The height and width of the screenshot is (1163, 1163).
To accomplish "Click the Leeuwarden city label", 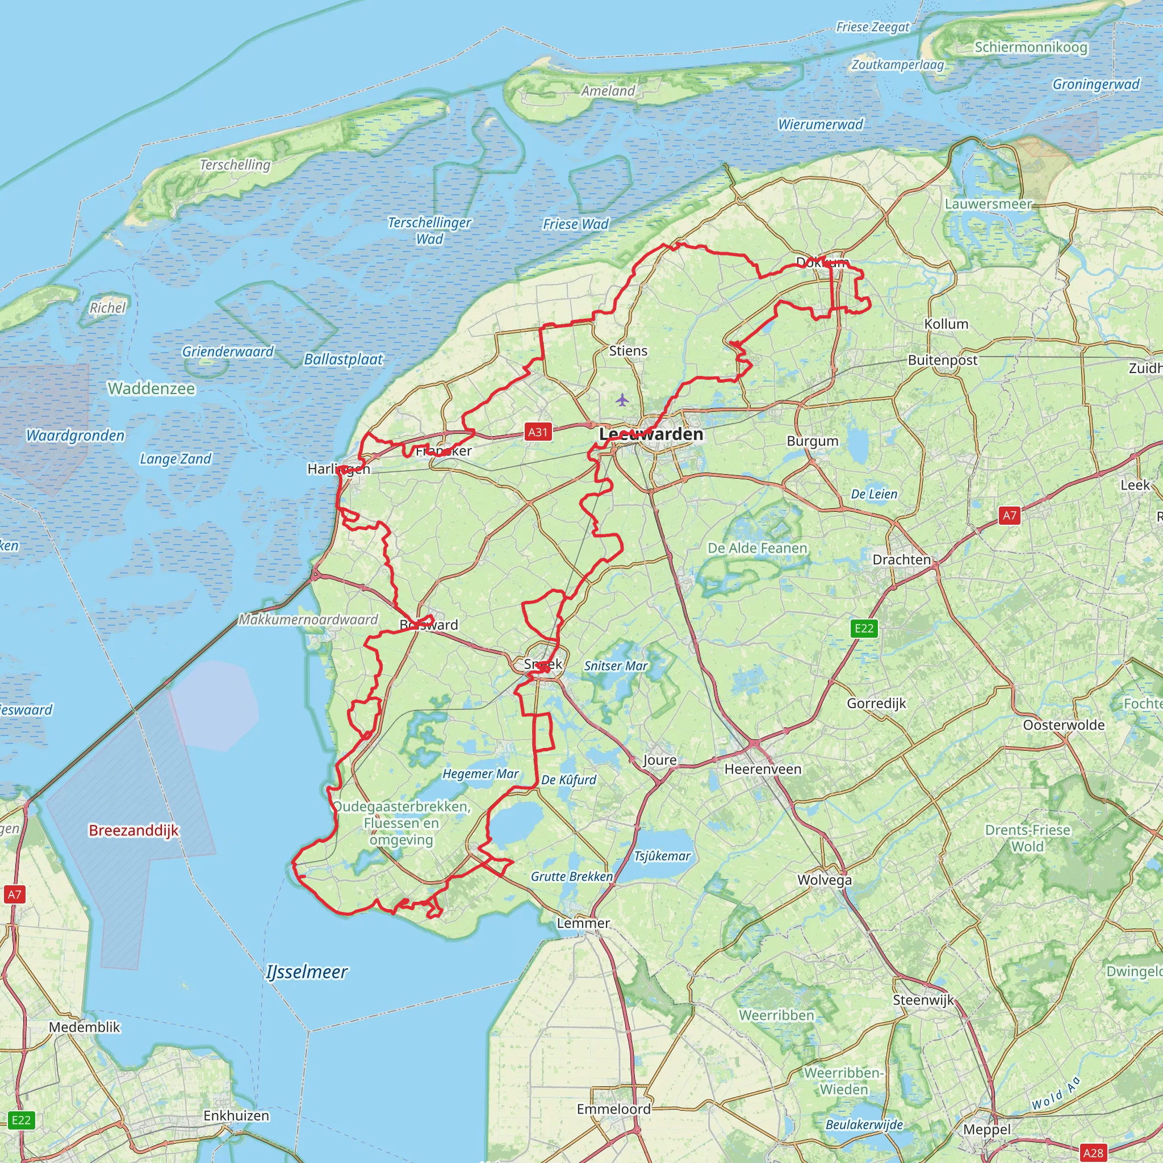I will (651, 434).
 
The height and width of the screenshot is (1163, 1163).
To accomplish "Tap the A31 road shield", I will (538, 432).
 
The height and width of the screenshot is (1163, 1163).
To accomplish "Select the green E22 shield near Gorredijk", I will (864, 629).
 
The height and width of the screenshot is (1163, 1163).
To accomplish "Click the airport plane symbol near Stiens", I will (622, 400).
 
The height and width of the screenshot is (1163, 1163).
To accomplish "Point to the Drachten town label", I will (901, 559).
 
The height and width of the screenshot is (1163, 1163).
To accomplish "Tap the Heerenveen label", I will (763, 769).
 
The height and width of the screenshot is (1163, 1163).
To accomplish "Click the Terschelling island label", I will (235, 164).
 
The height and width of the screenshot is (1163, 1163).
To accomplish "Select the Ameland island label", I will (608, 91).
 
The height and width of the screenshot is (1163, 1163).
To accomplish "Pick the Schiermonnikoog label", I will (1031, 47).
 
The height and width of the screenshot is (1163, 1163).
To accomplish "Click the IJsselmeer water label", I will (307, 972).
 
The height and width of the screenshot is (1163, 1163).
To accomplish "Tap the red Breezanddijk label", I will (133, 830).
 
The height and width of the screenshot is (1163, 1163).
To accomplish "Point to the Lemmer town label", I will (583, 923).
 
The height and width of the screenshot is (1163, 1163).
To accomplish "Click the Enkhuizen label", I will (236, 1115).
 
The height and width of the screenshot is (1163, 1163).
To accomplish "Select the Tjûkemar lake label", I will (662, 856).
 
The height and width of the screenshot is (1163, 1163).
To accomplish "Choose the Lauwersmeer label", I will (988, 204).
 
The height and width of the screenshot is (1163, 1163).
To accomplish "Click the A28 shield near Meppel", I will (1093, 1153).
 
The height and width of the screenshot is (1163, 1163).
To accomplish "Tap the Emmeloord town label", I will (613, 1109).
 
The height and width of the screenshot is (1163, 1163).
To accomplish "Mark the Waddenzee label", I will (151, 388).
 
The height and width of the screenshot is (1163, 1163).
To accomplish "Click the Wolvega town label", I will (824, 880).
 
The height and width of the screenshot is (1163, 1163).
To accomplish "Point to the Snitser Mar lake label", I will (615, 666).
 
